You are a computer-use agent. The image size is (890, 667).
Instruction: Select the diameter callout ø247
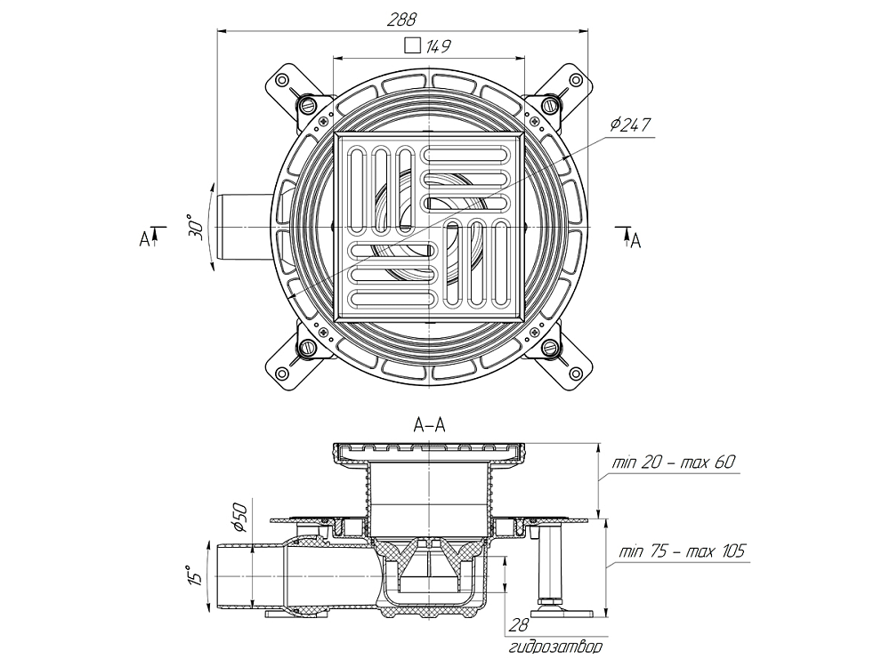tap(632, 125)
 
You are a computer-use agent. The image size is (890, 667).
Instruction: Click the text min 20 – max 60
tap(674, 463)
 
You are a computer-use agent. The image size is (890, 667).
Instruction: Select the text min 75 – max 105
tap(679, 551)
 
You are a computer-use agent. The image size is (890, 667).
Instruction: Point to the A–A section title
tap(430, 426)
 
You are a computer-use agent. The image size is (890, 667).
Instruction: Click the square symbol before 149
tap(411, 46)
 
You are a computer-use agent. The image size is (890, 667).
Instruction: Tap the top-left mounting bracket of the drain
tap(291, 87)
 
